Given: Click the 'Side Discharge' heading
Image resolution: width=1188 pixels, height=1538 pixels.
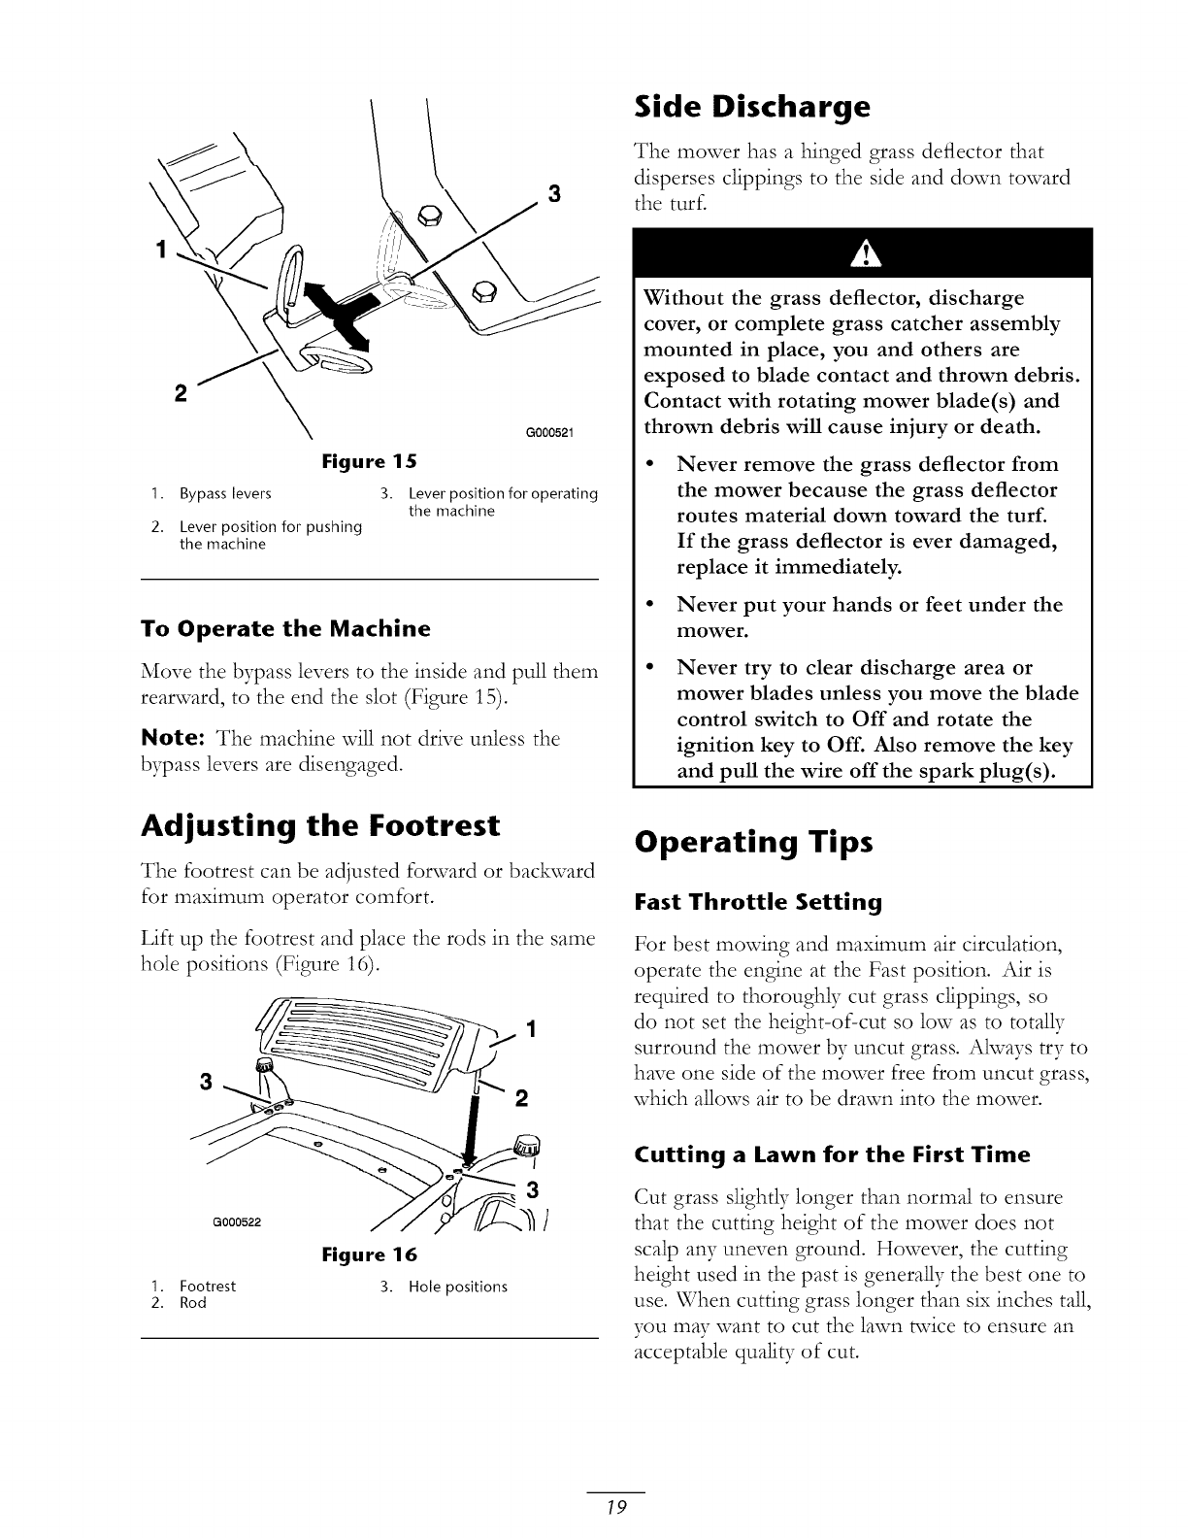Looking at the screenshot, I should [750, 107].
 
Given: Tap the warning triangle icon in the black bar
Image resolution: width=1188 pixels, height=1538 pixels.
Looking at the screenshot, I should [862, 254].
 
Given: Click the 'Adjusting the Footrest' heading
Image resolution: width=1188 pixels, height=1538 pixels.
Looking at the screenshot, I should [320, 826].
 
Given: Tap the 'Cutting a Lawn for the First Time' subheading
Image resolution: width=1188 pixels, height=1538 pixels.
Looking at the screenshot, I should [832, 1155].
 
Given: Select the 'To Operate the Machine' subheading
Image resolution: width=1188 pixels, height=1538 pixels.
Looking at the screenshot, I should [285, 628].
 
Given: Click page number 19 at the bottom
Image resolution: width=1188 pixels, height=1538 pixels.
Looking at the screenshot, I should [615, 1508].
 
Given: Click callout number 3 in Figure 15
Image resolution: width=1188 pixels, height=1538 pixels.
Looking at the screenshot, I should [555, 193].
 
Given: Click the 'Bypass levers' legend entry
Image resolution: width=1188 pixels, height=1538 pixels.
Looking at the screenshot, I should [225, 493].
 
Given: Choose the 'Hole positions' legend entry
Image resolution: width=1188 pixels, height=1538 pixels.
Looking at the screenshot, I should [458, 1287].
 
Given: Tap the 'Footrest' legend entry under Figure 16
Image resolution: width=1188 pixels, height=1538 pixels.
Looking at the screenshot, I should [208, 1287].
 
